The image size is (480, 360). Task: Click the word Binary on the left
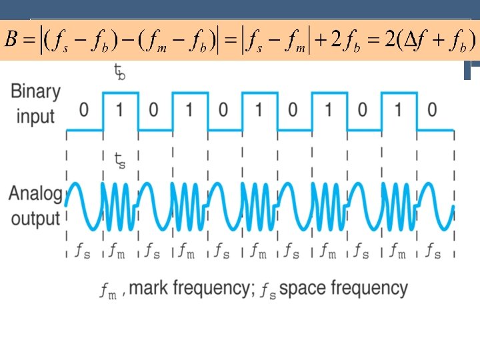pyautogui.click(x=35, y=92)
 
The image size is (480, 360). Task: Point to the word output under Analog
pyautogui.click(x=35, y=217)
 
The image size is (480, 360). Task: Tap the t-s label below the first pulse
pyautogui.click(x=119, y=161)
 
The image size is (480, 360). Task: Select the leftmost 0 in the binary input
pyautogui.click(x=84, y=109)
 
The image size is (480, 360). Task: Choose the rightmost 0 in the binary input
pyautogui.click(x=432, y=109)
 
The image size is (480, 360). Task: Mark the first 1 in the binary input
pyautogui.click(x=119, y=109)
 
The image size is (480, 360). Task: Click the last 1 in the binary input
pyautogui.click(x=398, y=109)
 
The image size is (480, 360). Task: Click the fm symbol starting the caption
pyautogui.click(x=109, y=290)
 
